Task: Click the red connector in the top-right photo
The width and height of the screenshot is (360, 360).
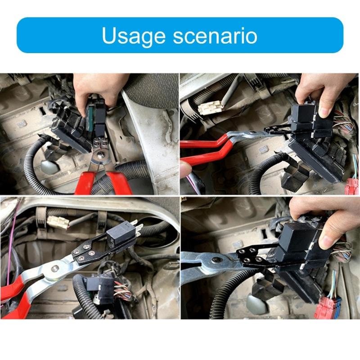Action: click(351, 184)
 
